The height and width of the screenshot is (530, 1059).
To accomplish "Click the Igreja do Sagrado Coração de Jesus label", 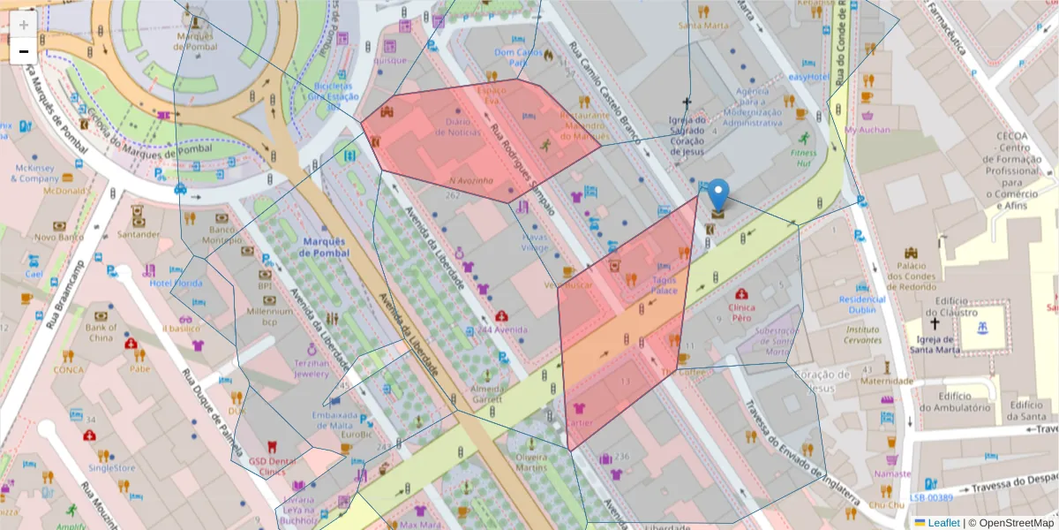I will click(687, 136).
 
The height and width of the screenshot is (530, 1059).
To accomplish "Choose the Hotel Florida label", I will click(176, 284).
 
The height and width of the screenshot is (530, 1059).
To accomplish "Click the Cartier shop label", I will click(580, 423).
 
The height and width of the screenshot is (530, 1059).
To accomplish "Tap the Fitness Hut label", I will click(803, 158).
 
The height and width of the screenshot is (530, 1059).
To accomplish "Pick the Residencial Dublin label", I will click(861, 305).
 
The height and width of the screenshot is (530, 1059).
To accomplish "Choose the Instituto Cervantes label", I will click(863, 334).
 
